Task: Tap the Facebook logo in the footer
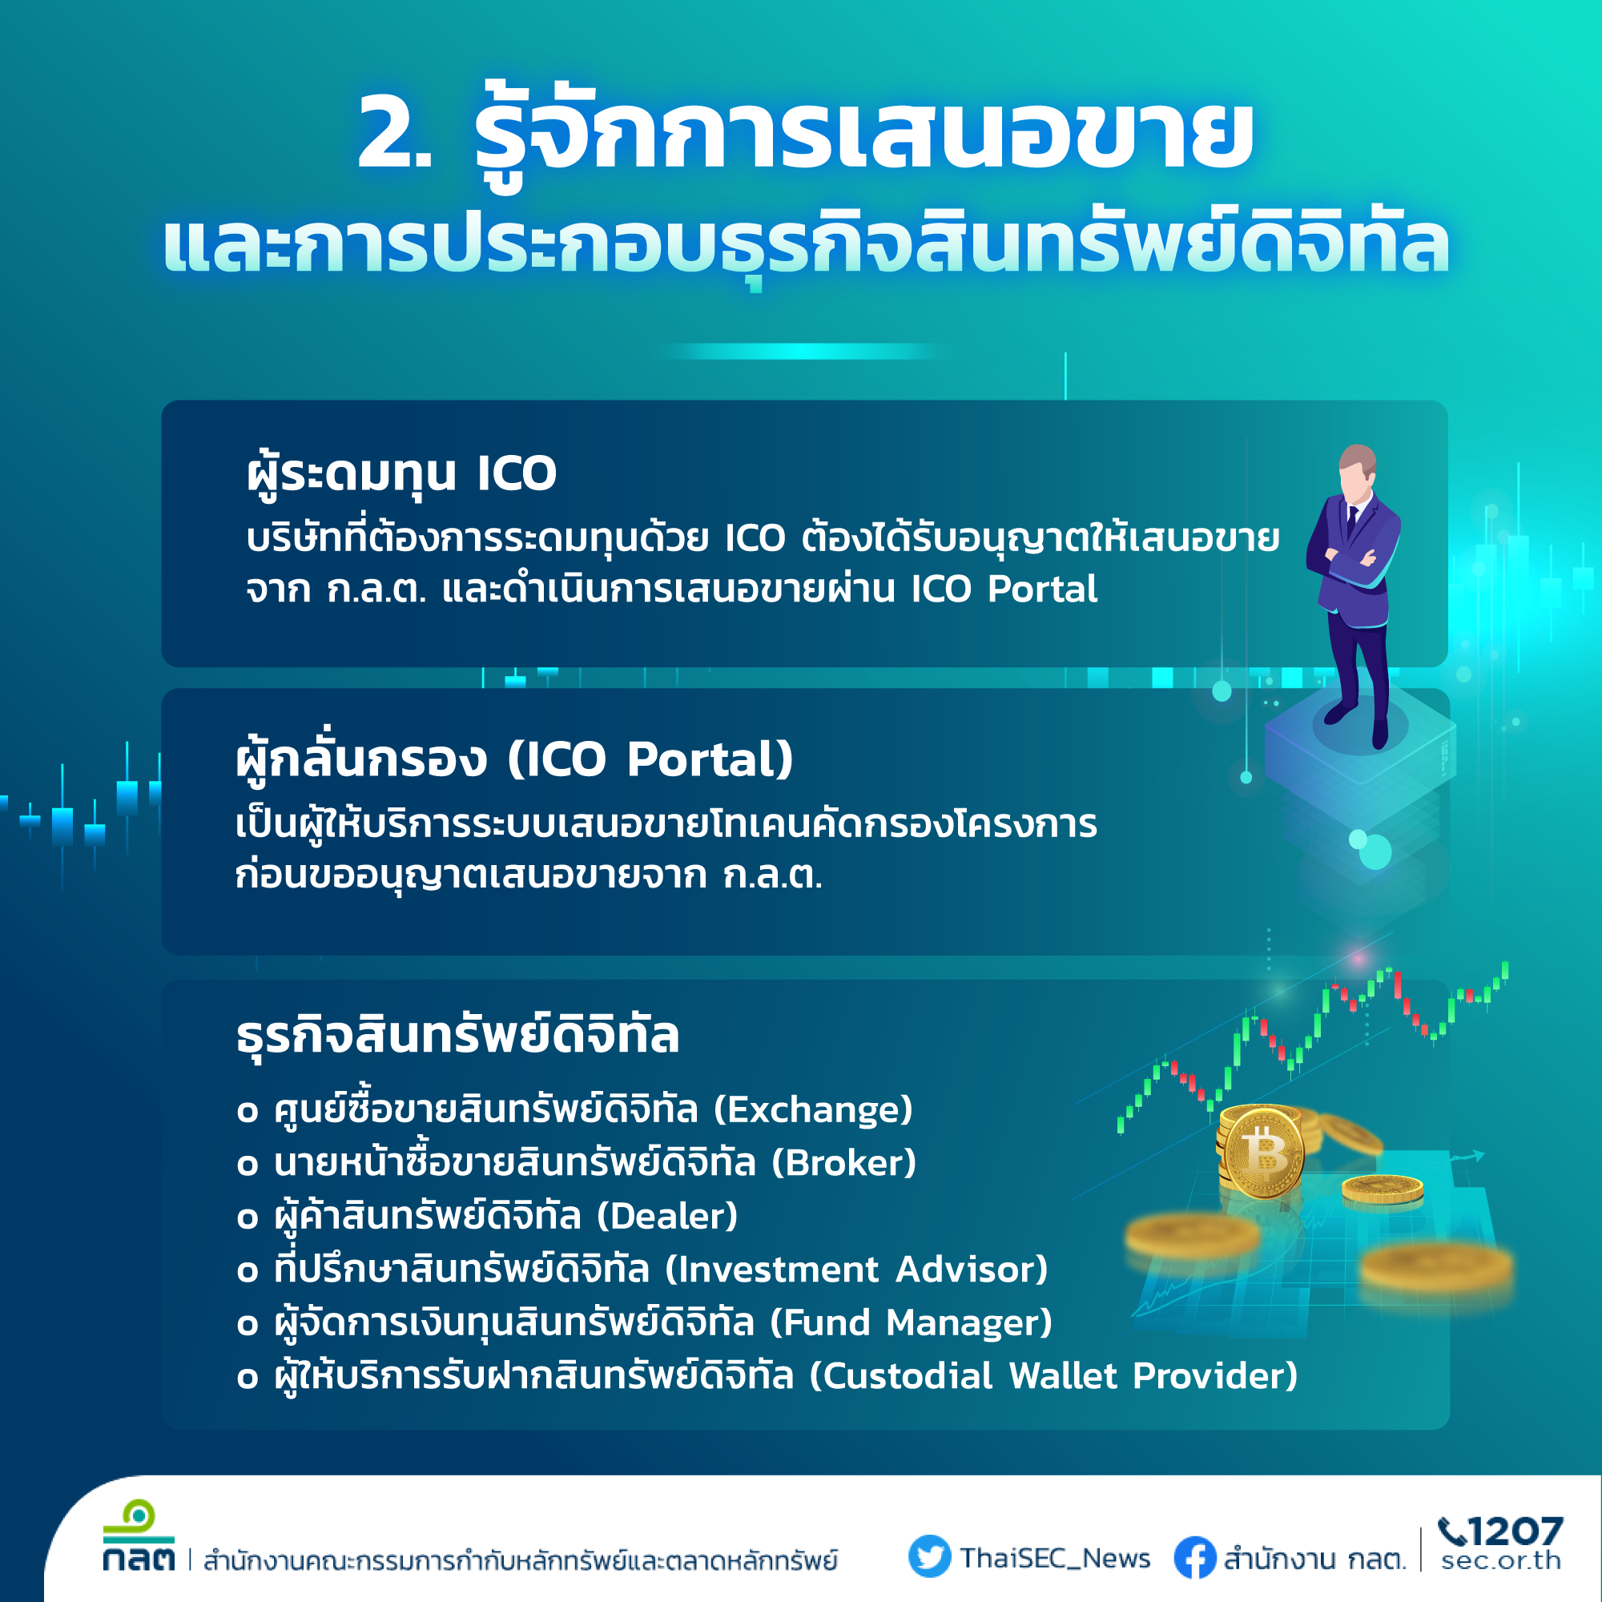pyautogui.click(x=1195, y=1557)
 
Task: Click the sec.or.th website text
pyautogui.click(x=1501, y=1560)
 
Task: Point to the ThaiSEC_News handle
pyautogui.click(x=1055, y=1558)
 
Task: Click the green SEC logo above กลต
pyautogui.click(x=139, y=1521)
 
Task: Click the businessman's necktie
pyautogui.click(x=1352, y=521)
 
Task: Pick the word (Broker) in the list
pyautogui.click(x=844, y=1162)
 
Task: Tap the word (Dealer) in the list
pyautogui.click(x=667, y=1216)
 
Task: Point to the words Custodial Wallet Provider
pyautogui.click(x=1053, y=1375)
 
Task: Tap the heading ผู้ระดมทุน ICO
pyautogui.click(x=401, y=473)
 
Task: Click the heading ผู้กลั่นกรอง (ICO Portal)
pyautogui.click(x=515, y=759)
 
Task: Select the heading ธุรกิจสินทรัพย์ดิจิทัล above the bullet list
pyautogui.click(x=457, y=1035)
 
